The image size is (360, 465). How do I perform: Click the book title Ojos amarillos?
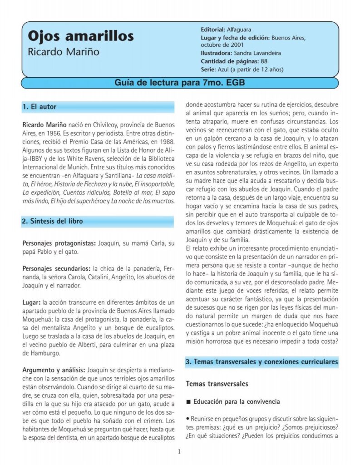click(x=81, y=36)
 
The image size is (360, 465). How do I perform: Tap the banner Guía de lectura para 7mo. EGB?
click(x=180, y=83)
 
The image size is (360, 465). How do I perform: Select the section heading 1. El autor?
click(x=39, y=107)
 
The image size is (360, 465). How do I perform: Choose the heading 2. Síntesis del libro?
click(x=53, y=222)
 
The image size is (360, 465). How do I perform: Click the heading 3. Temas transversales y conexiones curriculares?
click(x=262, y=362)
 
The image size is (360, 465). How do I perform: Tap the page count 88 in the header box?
click(x=264, y=61)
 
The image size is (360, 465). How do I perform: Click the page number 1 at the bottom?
click(x=179, y=451)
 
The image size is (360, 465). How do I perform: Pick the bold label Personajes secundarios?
click(x=56, y=268)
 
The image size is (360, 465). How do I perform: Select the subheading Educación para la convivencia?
click(x=236, y=402)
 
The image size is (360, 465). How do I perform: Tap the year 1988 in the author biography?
click(x=166, y=140)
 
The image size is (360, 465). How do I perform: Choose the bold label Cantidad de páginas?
click(x=230, y=61)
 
